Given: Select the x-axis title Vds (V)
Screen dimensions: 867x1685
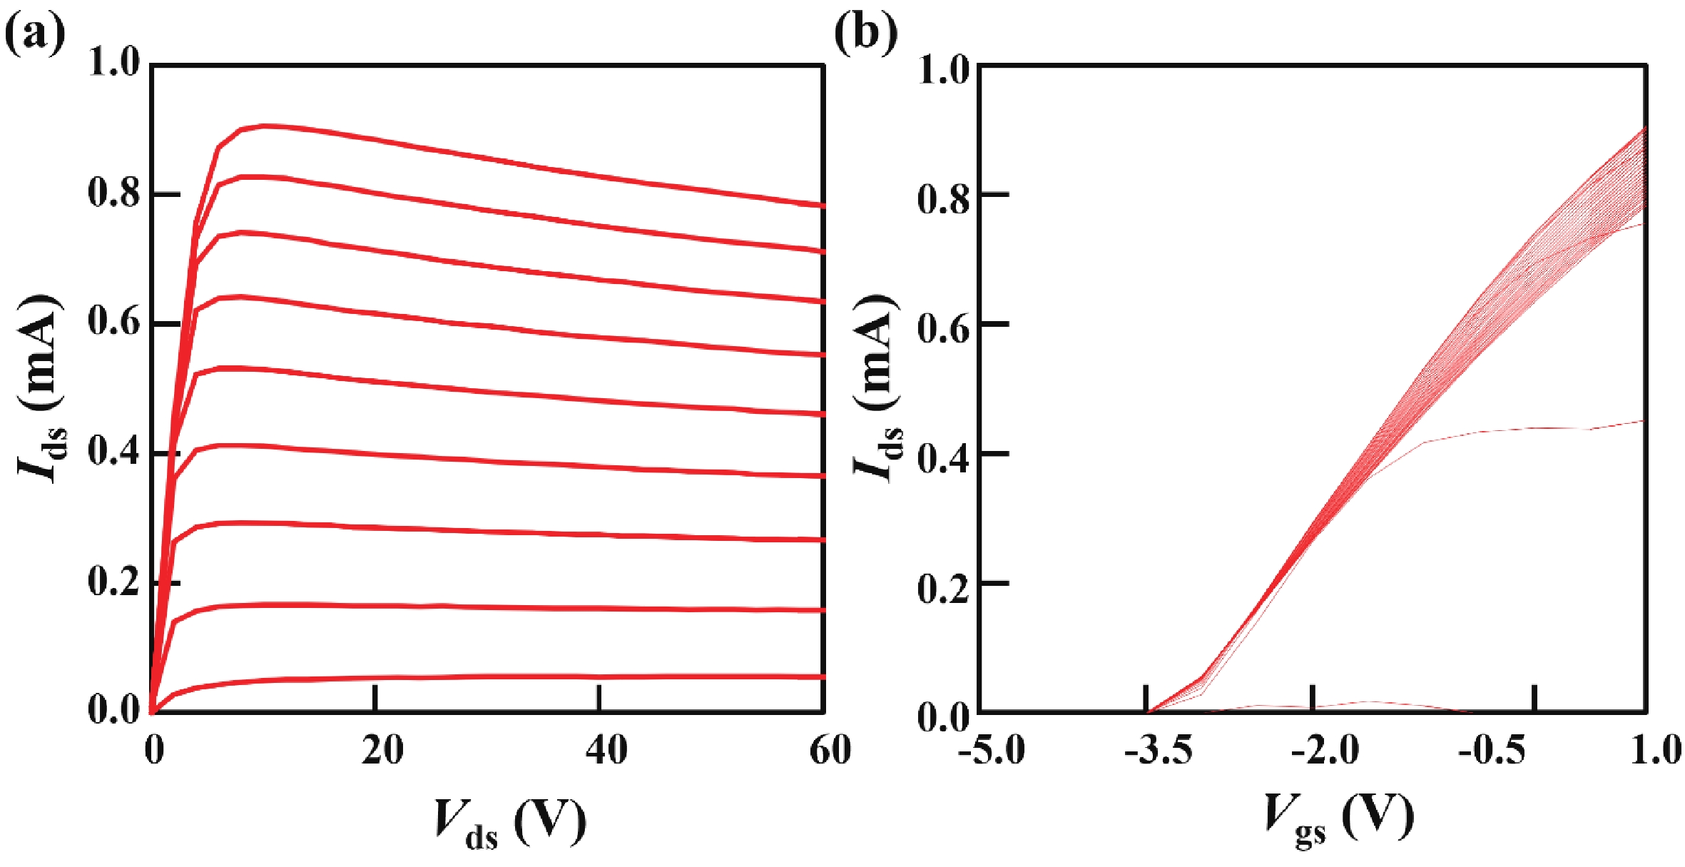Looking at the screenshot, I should click(x=510, y=822).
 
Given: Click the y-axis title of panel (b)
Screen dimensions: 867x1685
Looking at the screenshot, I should click(x=877, y=389).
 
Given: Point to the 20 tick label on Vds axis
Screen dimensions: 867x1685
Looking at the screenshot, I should click(x=382, y=751).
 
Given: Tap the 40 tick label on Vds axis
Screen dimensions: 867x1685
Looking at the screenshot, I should click(x=606, y=751).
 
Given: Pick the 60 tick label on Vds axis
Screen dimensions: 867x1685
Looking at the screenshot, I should click(x=830, y=751).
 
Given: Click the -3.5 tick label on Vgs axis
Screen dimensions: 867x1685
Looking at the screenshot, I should click(x=1158, y=751).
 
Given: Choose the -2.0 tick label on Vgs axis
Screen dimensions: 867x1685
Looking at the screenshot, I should click(x=1325, y=751).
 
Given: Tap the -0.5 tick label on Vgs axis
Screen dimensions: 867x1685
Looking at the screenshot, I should click(x=1492, y=751).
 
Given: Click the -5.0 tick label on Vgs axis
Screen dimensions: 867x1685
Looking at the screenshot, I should click(x=991, y=751).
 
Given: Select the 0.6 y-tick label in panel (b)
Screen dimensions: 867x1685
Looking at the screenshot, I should click(x=944, y=324).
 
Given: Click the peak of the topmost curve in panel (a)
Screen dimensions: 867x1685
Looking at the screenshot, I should click(x=266, y=126).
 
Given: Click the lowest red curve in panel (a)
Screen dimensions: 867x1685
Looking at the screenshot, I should click(x=499, y=676).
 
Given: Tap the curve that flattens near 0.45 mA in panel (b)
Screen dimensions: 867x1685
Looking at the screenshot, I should click(x=1534, y=429).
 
